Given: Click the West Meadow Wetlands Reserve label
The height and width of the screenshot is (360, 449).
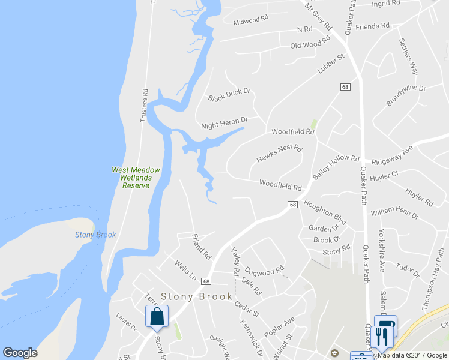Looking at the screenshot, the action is [x=136, y=178].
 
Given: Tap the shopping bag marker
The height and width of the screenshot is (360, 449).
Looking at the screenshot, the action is [x=157, y=317].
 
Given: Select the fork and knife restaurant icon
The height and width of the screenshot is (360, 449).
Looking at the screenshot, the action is [x=379, y=338].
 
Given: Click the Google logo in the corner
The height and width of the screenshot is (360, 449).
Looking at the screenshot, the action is [x=20, y=353].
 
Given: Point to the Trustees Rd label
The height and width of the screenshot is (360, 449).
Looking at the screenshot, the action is [x=144, y=106].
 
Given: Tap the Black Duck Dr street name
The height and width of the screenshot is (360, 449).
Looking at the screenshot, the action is [x=229, y=95].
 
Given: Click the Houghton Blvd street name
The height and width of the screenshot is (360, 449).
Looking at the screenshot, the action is [x=325, y=212].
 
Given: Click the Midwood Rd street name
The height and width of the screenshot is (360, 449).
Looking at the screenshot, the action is [x=250, y=20].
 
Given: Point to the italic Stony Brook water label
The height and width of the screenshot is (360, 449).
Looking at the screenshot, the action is [x=95, y=235].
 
